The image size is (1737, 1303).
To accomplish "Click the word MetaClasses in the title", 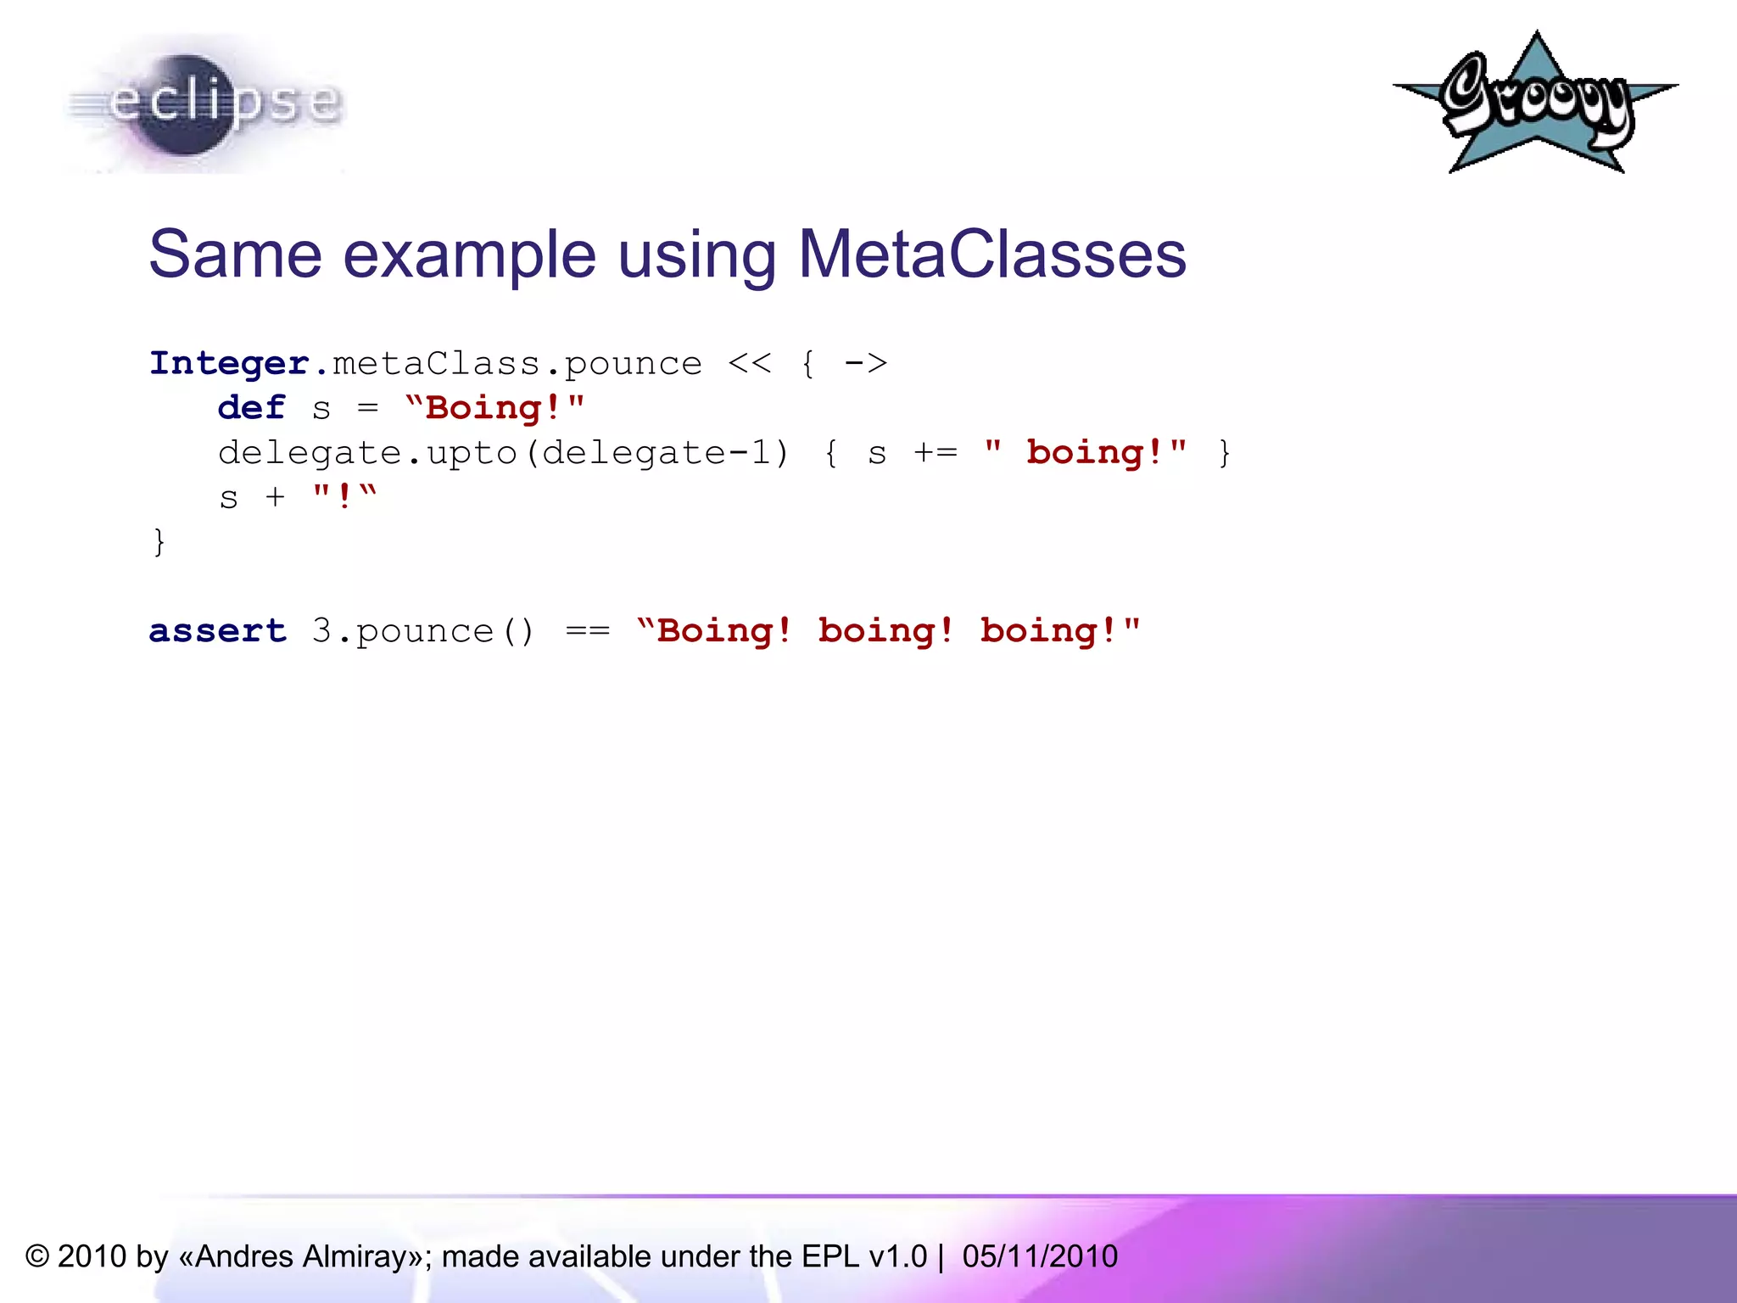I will click(991, 254).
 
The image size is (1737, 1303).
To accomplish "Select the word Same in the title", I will click(236, 254).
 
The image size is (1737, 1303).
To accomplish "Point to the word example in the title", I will click(470, 254).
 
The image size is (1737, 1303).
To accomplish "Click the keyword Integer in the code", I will click(229, 364).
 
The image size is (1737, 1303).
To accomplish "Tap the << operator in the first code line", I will click(750, 364).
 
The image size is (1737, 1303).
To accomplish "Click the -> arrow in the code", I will click(865, 364).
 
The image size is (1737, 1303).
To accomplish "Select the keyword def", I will click(251, 408).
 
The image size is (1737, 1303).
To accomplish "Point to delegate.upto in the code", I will click(366, 453).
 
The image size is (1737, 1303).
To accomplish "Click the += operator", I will click(936, 453).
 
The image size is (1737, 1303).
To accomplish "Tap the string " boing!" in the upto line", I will click(1086, 453).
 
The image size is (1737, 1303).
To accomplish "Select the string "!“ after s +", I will click(344, 497).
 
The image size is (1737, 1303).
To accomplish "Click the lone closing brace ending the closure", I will click(159, 541).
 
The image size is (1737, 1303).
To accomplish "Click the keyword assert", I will click(218, 631).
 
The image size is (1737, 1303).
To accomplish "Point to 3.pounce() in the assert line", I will click(423, 631).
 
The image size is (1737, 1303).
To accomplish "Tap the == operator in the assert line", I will click(588, 631).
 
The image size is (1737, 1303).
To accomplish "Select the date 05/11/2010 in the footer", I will click(1040, 1256).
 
